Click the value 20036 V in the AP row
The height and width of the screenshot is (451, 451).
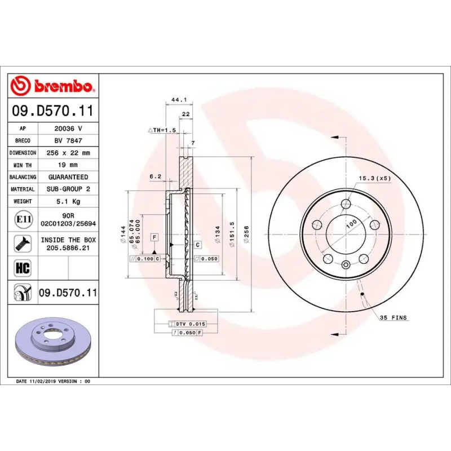[68, 129]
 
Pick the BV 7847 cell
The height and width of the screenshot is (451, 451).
[68, 140]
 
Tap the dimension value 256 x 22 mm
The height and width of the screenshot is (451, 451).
[68, 153]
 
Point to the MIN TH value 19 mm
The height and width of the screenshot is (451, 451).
[68, 165]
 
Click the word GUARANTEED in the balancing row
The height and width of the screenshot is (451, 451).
[68, 177]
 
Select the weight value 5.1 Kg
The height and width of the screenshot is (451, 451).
[68, 201]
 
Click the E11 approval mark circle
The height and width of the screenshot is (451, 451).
[23, 219]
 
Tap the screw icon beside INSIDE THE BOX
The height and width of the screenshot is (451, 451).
[23, 244]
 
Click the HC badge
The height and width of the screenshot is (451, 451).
[23, 267]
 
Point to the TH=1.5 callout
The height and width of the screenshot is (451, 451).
[163, 130]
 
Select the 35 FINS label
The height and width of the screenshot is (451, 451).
[393, 318]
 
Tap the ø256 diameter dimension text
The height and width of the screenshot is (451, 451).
[246, 233]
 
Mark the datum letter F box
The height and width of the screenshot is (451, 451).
[154, 237]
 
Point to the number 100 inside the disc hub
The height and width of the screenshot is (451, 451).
[351, 224]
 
